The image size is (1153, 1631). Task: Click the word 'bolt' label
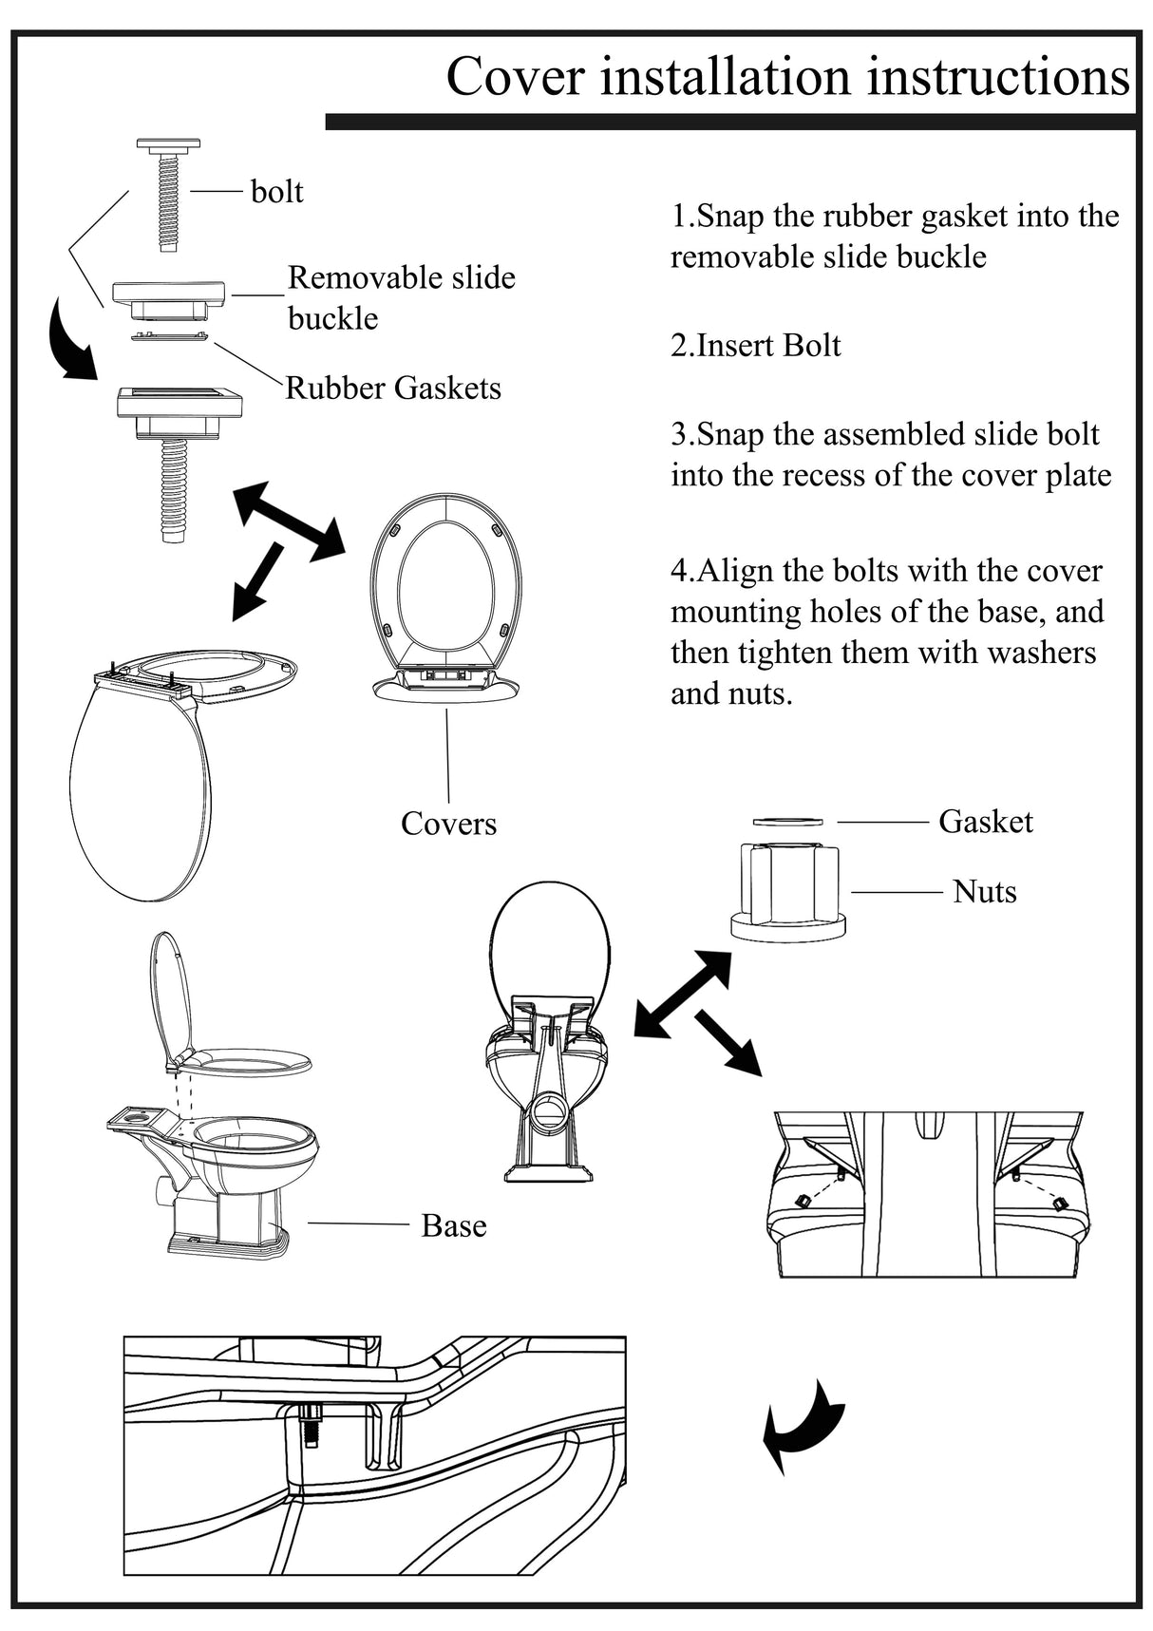pos(276,192)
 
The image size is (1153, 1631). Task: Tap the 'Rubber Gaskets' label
pos(393,388)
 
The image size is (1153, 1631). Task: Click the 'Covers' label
pos(448,823)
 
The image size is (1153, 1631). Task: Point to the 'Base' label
pos(453,1225)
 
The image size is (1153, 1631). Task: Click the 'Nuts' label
pos(984,892)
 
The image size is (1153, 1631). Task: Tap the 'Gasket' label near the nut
pos(985,821)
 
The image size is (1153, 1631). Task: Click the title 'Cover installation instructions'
pos(787,76)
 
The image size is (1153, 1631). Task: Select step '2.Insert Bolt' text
pos(755,345)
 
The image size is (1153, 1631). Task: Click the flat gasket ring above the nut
pos(787,821)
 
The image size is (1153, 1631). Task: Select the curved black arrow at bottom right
pos(803,1424)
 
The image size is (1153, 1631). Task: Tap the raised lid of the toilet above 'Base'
pos(171,993)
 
